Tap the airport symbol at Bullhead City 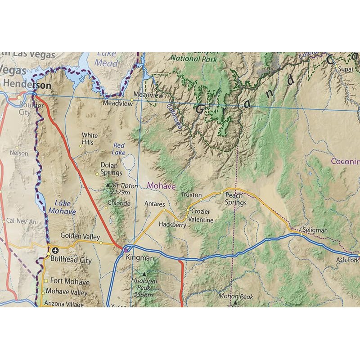(x=55, y=250)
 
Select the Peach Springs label (x=235, y=199)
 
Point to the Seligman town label (x=315, y=230)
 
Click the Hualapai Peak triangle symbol (x=144, y=274)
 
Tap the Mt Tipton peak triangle (x=107, y=184)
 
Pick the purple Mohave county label (x=161, y=185)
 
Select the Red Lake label (x=119, y=149)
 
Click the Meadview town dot (x=132, y=99)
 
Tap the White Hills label (x=89, y=139)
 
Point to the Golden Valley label (x=80, y=236)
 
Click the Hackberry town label (x=172, y=225)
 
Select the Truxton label (x=191, y=195)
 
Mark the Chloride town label (x=119, y=203)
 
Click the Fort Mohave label (x=70, y=282)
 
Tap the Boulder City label (x=31, y=109)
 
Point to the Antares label (x=154, y=204)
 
